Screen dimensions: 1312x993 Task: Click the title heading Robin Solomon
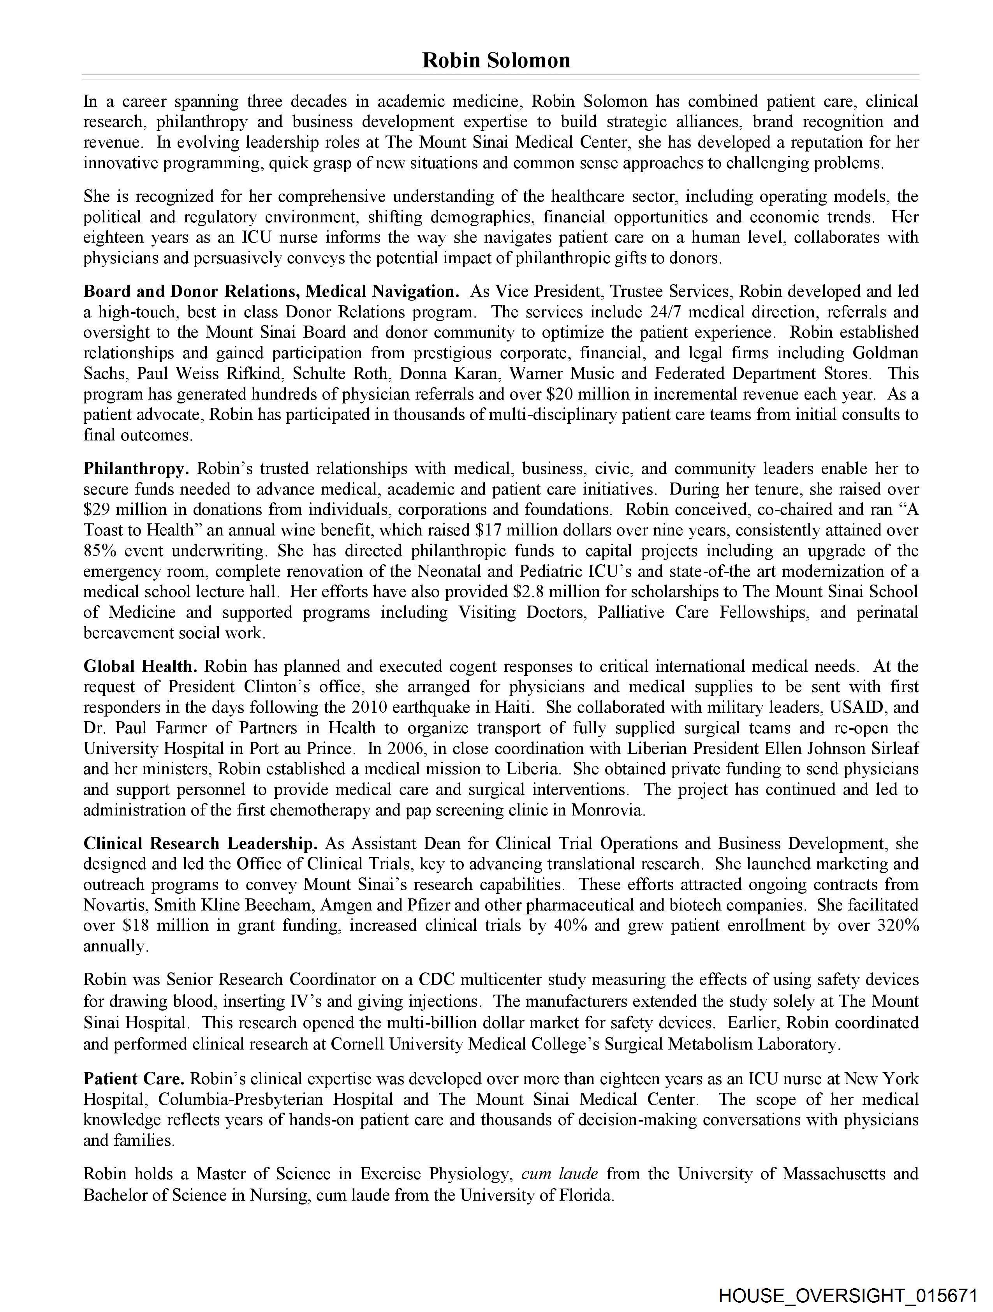pos(496,60)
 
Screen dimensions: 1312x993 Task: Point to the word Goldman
pos(885,353)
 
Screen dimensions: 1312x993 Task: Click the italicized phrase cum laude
pos(559,1173)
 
